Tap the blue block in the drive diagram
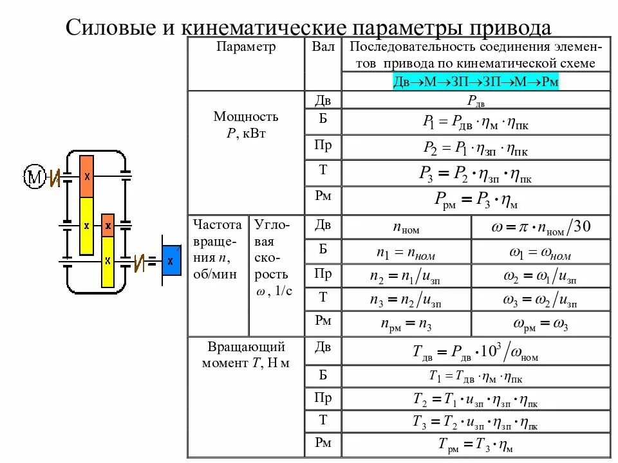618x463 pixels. (171, 260)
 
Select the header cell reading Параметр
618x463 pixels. (246, 47)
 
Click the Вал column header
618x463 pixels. (323, 47)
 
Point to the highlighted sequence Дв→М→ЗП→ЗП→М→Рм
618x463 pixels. (476, 82)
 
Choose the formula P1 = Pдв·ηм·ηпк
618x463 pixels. (476, 122)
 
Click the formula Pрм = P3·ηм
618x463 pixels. (476, 201)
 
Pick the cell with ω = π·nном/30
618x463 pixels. (541, 227)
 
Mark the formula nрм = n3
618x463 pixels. (406, 324)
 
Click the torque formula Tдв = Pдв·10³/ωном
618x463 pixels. (476, 352)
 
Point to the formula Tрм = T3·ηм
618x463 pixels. (476, 444)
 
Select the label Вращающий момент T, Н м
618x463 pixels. (246, 354)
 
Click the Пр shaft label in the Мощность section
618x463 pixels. (323, 146)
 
